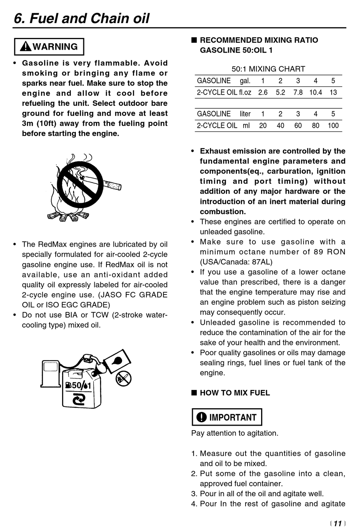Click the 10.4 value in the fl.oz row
click(315, 92)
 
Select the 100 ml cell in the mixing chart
click(333, 125)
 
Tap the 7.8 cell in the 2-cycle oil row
click(298, 92)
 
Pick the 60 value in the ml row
click(298, 125)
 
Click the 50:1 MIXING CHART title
click(268, 69)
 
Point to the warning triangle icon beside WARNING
click(26, 47)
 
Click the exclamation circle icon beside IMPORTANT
click(201, 417)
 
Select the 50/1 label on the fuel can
click(79, 385)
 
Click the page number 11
click(338, 523)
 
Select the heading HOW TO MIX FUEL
click(235, 393)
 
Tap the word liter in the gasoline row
click(245, 114)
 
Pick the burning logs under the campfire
click(68, 216)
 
